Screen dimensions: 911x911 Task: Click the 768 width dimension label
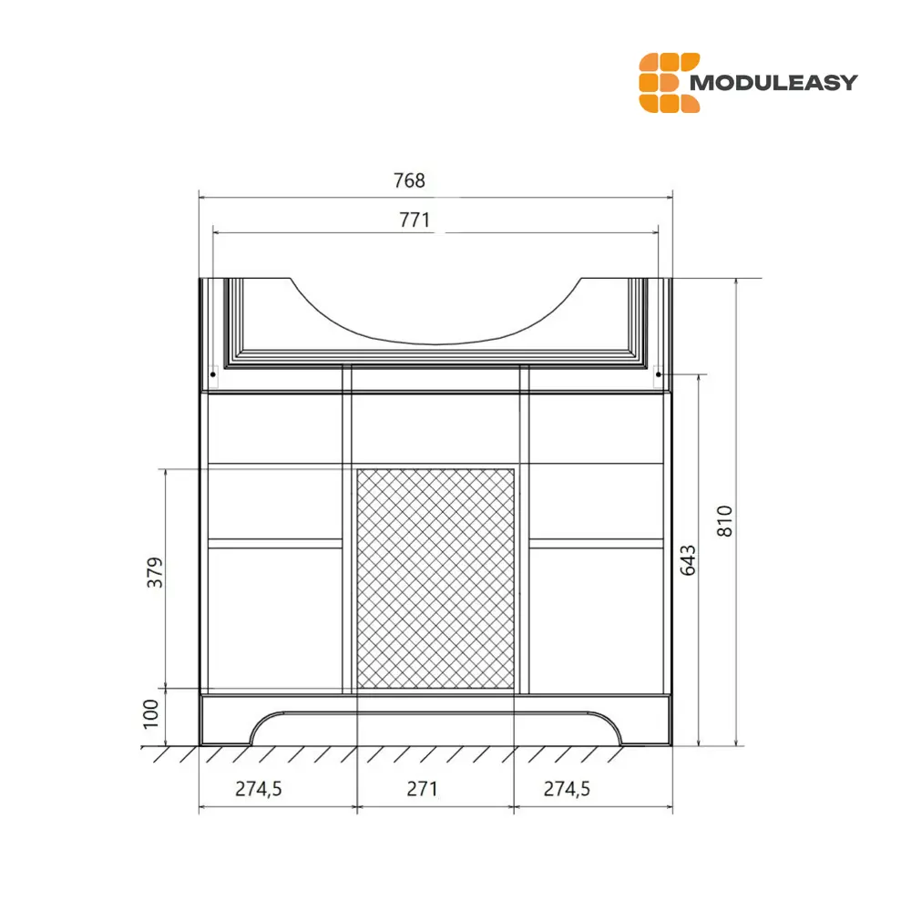tap(409, 180)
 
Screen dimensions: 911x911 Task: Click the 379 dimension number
tap(156, 572)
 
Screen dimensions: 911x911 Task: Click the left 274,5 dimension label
tap(259, 789)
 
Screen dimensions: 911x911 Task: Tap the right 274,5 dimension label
tap(568, 789)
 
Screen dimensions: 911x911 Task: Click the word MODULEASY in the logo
tap(774, 83)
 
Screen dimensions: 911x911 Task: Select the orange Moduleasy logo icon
tap(669, 83)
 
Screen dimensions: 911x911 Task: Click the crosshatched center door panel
tap(435, 578)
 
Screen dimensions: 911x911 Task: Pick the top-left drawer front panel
tap(276, 429)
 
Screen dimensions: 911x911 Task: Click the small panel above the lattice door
tap(435, 429)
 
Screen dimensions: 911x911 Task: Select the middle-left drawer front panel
tap(276, 505)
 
